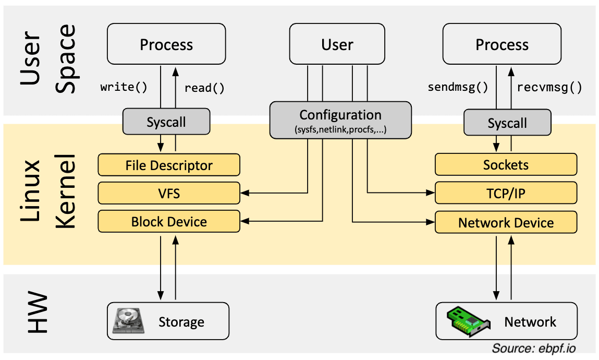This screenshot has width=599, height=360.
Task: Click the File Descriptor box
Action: click(x=169, y=165)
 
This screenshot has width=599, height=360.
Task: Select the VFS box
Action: click(x=169, y=194)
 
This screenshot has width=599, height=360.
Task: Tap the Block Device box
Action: click(x=169, y=222)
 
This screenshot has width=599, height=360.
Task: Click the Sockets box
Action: click(x=506, y=165)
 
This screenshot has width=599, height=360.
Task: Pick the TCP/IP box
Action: click(x=506, y=194)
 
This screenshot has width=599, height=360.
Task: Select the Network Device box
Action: click(x=506, y=223)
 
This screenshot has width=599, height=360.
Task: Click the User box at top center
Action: click(x=337, y=45)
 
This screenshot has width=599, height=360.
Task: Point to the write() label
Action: click(x=124, y=87)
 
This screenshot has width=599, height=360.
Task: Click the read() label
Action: click(x=204, y=88)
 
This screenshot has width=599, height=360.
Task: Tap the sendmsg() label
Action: click(x=458, y=87)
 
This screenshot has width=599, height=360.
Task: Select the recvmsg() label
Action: click(x=549, y=87)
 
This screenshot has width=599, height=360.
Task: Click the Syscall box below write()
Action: click(x=166, y=122)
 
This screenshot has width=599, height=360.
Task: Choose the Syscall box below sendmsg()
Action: click(x=507, y=123)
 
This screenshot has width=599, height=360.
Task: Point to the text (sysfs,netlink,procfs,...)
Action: click(x=340, y=129)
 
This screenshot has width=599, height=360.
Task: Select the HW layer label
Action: click(x=36, y=314)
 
